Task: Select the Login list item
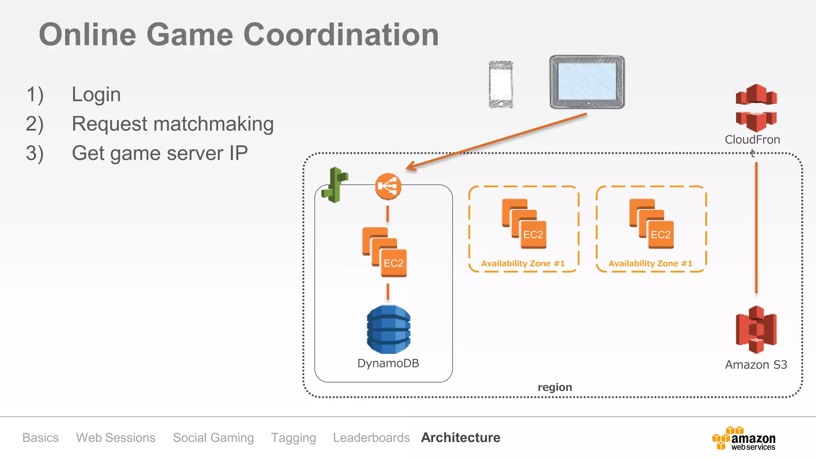point(96,95)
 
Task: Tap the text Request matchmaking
point(173,124)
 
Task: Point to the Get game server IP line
point(159,153)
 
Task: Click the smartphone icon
point(501,84)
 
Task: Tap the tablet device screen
point(587,81)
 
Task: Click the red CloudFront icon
point(756,108)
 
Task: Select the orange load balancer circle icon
point(388,186)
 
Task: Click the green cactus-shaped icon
point(335,185)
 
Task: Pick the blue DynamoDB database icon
point(388,329)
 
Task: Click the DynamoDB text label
point(388,363)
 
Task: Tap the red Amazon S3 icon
point(756,330)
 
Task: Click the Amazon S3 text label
point(756,365)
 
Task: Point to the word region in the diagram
point(555,387)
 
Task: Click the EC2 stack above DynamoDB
point(384,252)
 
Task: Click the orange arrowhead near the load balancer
point(410,167)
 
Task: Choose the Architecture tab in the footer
point(461,437)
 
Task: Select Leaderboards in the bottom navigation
point(371,437)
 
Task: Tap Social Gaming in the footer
point(213,437)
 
